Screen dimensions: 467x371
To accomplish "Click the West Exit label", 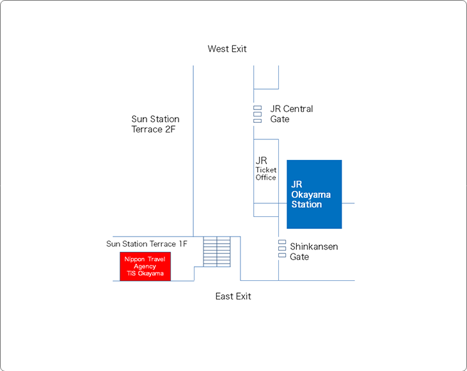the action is (x=227, y=49).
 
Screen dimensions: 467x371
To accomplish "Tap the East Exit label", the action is (x=233, y=296).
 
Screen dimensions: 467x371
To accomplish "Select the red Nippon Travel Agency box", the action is (x=145, y=267).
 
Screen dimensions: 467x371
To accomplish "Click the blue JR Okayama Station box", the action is (x=314, y=194).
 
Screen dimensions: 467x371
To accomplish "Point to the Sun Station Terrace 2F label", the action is (x=155, y=124).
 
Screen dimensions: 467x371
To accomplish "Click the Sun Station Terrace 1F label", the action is (x=147, y=244).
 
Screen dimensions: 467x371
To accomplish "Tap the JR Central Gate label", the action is (x=291, y=114).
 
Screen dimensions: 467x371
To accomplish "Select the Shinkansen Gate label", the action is (x=314, y=251).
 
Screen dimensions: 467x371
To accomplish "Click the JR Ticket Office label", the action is (x=265, y=168).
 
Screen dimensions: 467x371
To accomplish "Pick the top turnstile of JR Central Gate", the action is (x=258, y=108).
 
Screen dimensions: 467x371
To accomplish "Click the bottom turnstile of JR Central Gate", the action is (x=258, y=121).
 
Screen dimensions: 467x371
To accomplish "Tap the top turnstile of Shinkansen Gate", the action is (x=282, y=242).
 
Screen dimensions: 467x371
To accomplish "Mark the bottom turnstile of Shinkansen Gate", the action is (x=282, y=255).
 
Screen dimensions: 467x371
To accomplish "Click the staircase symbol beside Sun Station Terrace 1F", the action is (x=217, y=251).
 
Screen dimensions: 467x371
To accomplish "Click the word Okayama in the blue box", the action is (x=311, y=194).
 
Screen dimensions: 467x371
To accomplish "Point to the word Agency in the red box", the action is (x=145, y=267).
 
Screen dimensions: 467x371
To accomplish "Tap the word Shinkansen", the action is (x=314, y=246).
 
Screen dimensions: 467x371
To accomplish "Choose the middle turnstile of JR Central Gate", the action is (x=258, y=114).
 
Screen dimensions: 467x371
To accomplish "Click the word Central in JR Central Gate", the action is (x=298, y=109).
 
